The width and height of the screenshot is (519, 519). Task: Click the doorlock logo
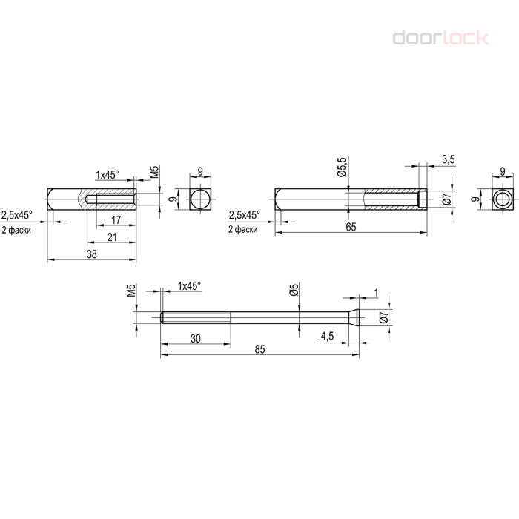click(x=441, y=38)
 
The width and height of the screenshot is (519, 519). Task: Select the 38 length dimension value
click(x=92, y=254)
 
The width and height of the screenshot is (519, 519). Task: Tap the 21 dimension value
click(x=112, y=237)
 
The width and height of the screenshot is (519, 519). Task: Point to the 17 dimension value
click(x=116, y=219)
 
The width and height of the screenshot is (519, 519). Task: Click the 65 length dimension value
click(x=351, y=227)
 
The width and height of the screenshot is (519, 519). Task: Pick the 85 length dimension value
click(x=259, y=349)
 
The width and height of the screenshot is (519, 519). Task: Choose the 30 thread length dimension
click(x=196, y=339)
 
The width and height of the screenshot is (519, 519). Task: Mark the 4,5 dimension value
click(x=327, y=337)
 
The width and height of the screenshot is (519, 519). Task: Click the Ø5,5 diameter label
click(x=343, y=167)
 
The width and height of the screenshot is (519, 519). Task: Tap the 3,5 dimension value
click(x=449, y=159)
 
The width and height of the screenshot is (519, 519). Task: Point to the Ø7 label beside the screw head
click(x=383, y=317)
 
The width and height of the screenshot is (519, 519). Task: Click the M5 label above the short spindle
click(x=154, y=172)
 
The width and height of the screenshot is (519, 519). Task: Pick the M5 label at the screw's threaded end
click(x=132, y=290)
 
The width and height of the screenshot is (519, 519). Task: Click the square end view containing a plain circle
click(x=201, y=199)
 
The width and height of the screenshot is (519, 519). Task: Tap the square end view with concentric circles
click(x=503, y=199)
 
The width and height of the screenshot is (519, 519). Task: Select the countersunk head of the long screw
click(x=354, y=317)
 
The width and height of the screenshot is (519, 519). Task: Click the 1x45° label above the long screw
click(x=190, y=286)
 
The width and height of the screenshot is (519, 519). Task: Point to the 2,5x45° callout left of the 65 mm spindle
click(x=245, y=215)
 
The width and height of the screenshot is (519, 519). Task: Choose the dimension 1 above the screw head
click(x=376, y=293)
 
